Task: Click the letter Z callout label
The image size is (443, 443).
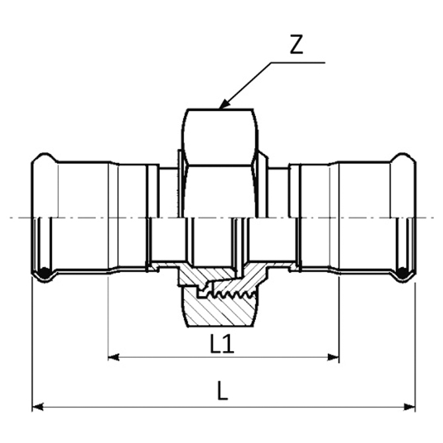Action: tap(297, 44)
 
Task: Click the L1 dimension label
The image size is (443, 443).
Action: tap(222, 344)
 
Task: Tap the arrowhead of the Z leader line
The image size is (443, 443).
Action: tap(223, 104)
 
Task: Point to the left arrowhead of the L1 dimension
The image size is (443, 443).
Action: tap(114, 358)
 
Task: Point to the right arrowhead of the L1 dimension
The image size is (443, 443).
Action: tap(333, 358)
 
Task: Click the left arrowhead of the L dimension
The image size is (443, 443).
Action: tap(38, 407)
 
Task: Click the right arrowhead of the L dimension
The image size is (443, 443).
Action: tap(409, 407)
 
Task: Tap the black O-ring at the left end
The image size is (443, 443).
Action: tap(44, 272)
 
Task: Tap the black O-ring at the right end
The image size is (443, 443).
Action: tap(403, 272)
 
